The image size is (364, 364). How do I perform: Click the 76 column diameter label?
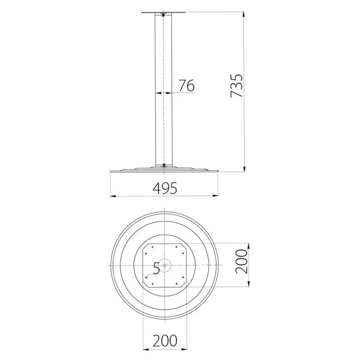(186, 86)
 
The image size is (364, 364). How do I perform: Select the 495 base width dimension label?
(165, 188)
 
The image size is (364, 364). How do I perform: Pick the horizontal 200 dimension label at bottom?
(165, 341)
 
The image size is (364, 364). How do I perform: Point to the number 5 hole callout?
(156, 268)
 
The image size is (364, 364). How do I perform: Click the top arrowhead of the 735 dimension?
(244, 14)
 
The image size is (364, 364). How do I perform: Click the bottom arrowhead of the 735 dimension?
(244, 169)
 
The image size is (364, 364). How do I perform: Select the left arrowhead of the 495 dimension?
(113, 196)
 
